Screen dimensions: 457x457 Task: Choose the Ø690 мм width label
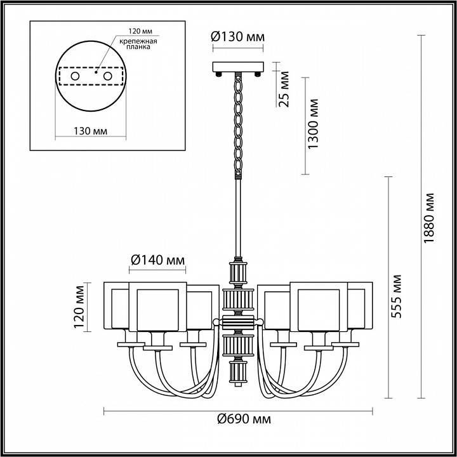239,419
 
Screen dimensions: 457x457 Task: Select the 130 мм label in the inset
90,131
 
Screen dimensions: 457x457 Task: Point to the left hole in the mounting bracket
76,76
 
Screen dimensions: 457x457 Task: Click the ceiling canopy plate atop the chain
238,66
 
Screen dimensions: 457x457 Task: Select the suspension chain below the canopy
239,124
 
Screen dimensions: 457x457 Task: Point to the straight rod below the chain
239,216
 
